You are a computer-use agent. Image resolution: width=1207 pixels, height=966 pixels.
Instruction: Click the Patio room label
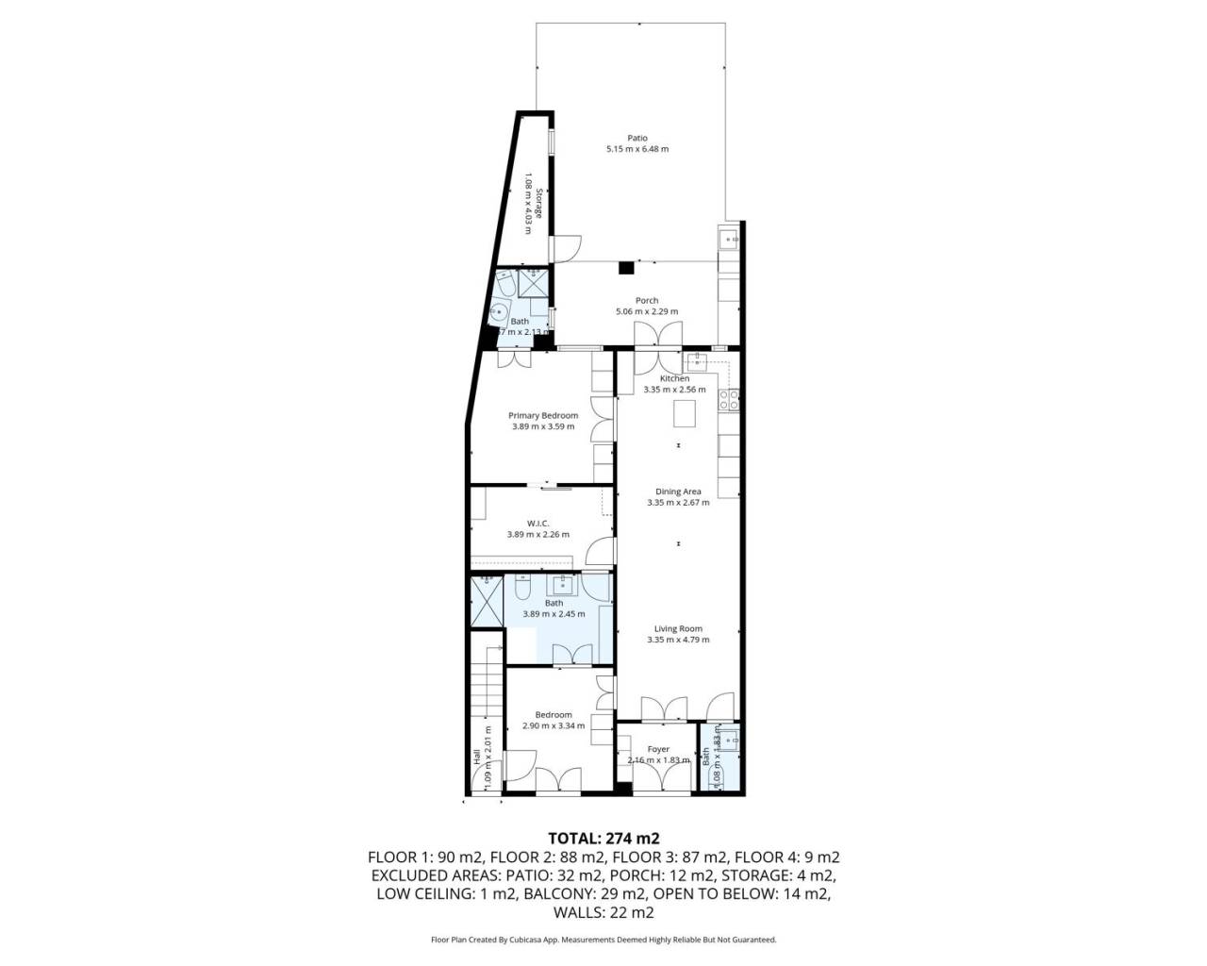pyautogui.click(x=638, y=138)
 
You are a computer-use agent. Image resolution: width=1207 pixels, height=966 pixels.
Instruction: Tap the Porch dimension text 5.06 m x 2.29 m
pyautogui.click(x=646, y=311)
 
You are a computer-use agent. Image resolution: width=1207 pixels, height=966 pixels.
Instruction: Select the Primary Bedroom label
pyautogui.click(x=542, y=415)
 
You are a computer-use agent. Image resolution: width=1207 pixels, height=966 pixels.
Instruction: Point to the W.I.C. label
pyautogui.click(x=537, y=523)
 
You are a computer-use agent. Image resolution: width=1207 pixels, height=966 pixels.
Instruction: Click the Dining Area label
pyautogui.click(x=678, y=491)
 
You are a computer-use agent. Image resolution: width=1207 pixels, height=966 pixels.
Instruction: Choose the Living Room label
pyautogui.click(x=678, y=628)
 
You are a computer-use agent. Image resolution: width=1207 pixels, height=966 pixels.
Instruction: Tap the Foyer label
pyautogui.click(x=658, y=749)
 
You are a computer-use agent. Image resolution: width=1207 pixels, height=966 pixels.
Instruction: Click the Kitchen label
pyautogui.click(x=674, y=378)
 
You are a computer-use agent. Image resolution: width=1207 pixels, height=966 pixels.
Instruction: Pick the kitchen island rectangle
pyautogui.click(x=683, y=413)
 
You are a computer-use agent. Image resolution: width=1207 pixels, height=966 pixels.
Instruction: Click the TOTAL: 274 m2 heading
pyautogui.click(x=603, y=838)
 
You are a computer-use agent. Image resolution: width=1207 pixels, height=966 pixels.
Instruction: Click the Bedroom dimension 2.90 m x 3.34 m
pyautogui.click(x=554, y=725)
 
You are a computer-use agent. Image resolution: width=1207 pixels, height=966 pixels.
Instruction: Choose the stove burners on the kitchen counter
pyautogui.click(x=729, y=400)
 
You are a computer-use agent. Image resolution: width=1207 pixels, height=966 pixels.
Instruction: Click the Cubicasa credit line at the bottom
pyautogui.click(x=603, y=940)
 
